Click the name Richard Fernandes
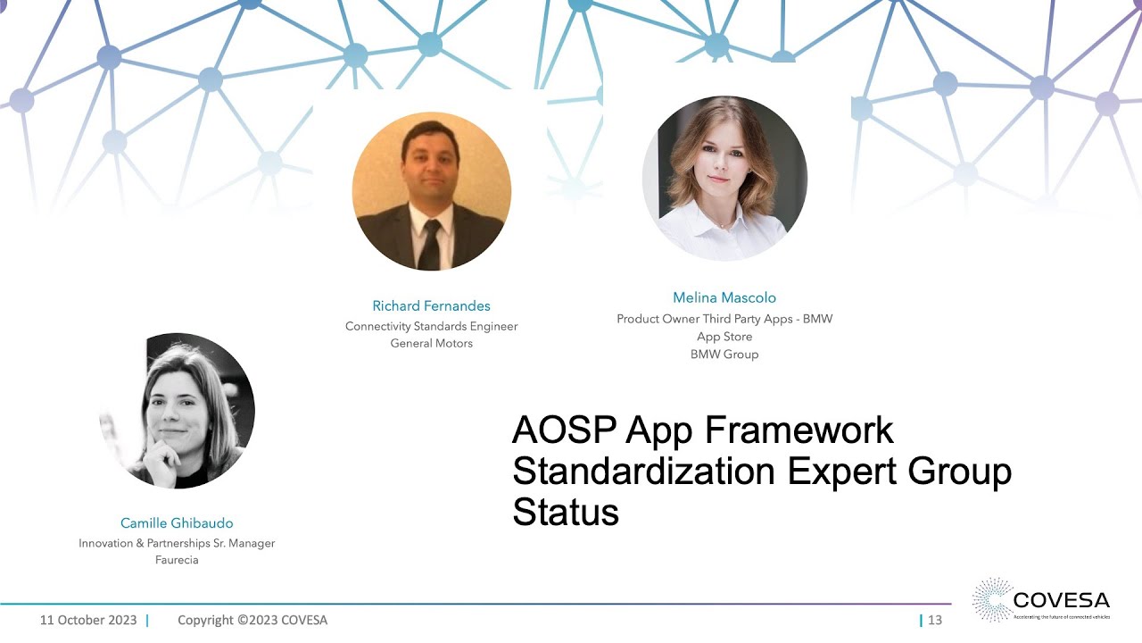click(431, 305)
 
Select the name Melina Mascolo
click(724, 297)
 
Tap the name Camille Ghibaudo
click(177, 523)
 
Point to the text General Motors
click(431, 343)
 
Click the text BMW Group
click(724, 354)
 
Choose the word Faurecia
click(177, 560)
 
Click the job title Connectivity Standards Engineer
click(431, 326)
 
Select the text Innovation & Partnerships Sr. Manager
click(177, 543)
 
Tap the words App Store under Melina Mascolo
click(724, 337)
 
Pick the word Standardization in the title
click(642, 472)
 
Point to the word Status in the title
click(565, 513)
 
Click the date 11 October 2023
click(88, 620)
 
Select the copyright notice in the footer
click(252, 620)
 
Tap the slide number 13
click(935, 620)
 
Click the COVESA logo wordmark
click(1061, 599)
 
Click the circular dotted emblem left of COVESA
click(992, 598)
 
